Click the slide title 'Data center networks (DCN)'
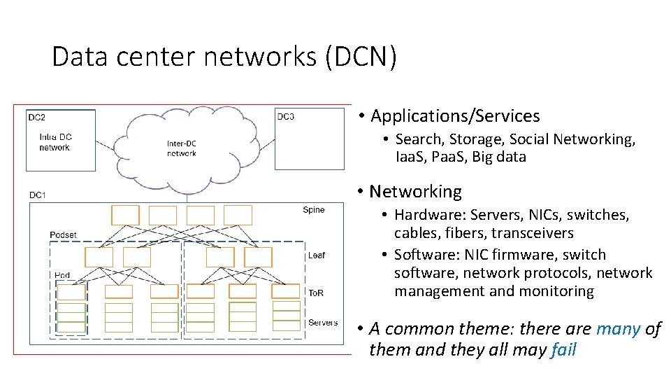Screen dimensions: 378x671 pos(224,57)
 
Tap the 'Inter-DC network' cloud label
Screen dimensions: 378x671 pos(182,148)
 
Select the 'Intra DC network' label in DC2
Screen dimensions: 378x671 pos(55,142)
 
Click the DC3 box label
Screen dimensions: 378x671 pos(285,116)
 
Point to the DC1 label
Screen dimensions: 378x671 pos(38,195)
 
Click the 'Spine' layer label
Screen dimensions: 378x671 pos(313,210)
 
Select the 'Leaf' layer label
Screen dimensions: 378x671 pos(316,255)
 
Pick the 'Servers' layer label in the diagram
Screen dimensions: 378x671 pos(322,323)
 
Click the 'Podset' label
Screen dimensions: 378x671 pos(64,234)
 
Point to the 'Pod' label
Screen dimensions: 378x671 pos(62,276)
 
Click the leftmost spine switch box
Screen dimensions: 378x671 pos(125,215)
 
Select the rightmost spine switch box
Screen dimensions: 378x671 pos(238,215)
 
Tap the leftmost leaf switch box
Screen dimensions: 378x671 pos(99,257)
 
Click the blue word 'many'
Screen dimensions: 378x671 pos(619,329)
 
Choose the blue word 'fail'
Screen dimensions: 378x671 pos(563,350)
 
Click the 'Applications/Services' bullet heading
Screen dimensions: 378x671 pos(455,116)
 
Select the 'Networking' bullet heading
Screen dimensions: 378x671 pos(415,192)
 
